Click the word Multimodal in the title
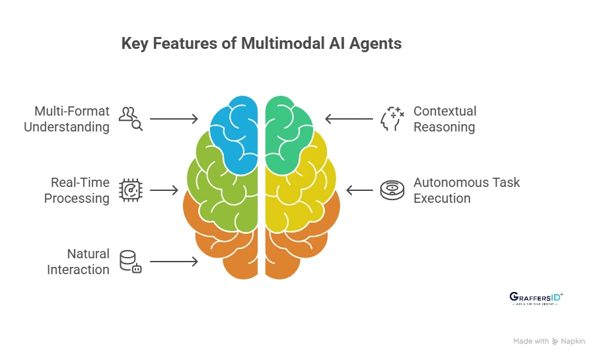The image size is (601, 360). (279, 44)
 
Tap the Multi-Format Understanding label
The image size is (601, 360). (67, 119)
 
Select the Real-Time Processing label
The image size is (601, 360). (77, 190)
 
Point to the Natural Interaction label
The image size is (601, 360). (78, 262)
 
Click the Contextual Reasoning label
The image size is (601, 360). (444, 119)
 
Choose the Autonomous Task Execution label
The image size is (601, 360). (466, 190)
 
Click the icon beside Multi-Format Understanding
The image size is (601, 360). (130, 118)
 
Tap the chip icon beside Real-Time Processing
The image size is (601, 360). (130, 190)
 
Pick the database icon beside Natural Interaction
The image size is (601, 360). (130, 262)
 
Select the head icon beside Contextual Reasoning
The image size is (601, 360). (392, 119)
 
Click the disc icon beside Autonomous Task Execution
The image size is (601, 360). (392, 190)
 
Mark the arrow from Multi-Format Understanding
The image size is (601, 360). (174, 119)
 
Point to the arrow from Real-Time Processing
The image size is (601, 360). (164, 190)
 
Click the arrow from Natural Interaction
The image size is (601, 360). (174, 262)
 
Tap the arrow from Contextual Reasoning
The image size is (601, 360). (349, 119)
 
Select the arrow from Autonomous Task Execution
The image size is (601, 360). (359, 190)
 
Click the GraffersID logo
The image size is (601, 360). (536, 299)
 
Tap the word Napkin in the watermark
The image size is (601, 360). (573, 342)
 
